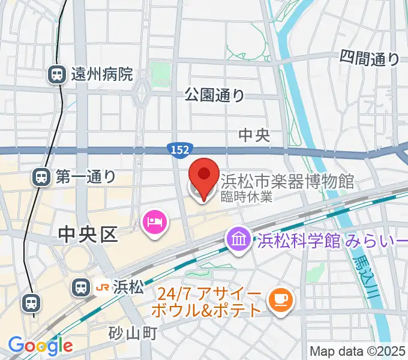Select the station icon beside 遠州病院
point(57,74)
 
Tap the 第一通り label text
point(86,176)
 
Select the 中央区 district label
point(88,235)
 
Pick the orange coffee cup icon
point(280,299)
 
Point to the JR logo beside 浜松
point(103,288)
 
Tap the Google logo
point(40,345)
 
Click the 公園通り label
point(215,94)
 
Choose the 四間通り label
point(370,58)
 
